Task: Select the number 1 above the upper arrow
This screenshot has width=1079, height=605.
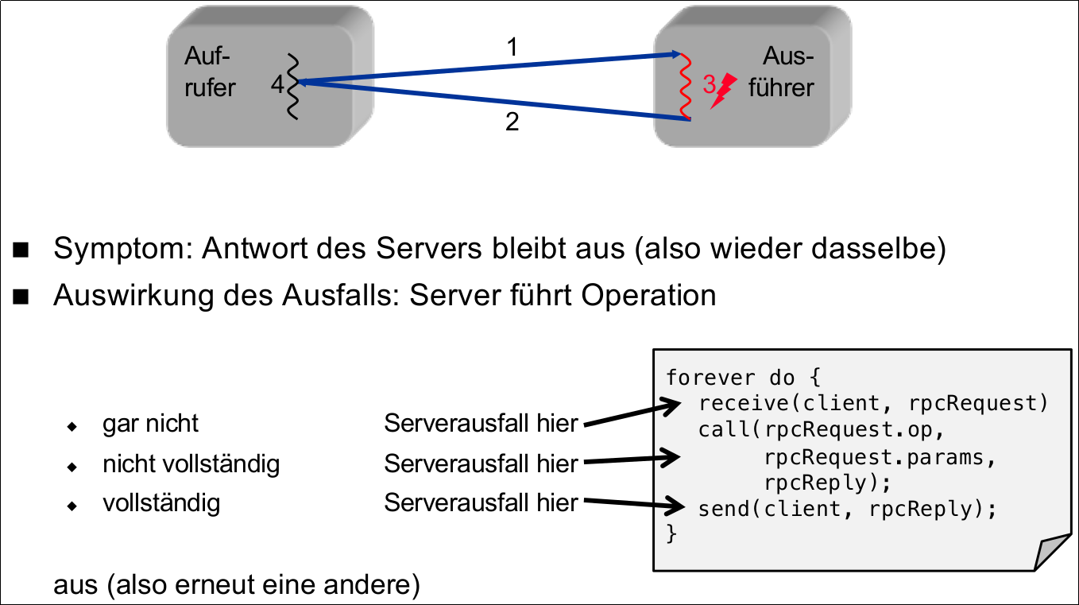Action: [x=512, y=48]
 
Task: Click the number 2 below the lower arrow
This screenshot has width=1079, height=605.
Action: [x=512, y=123]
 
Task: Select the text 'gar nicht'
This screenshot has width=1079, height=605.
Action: [x=150, y=424]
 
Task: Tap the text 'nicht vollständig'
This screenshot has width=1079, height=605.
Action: [x=191, y=463]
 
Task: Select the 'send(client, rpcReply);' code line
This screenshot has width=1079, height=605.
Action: [x=847, y=508]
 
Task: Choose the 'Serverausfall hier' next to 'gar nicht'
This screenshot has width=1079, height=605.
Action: [x=481, y=424]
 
